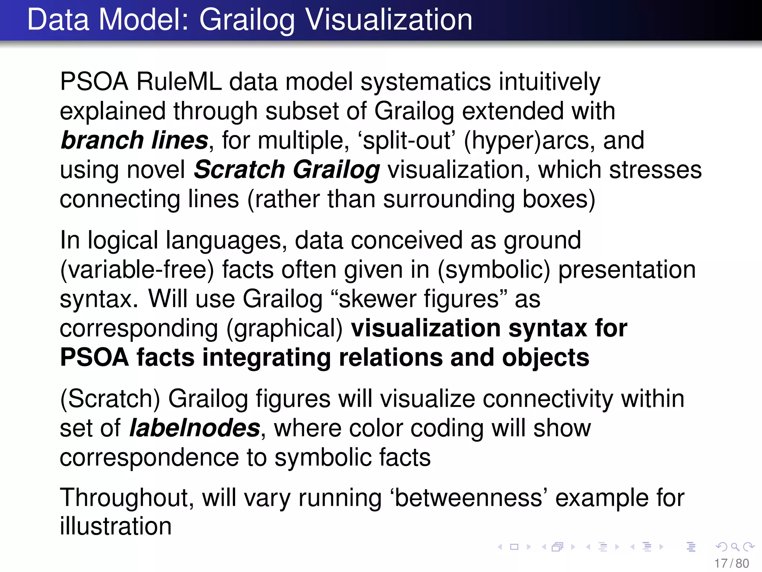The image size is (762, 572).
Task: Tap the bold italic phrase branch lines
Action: click(x=134, y=140)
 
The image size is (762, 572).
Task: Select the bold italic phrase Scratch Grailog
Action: click(x=286, y=170)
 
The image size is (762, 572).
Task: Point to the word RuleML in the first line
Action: click(x=179, y=82)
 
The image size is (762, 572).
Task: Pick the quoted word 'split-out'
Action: click(x=406, y=140)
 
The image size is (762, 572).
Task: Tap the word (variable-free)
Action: click(x=137, y=270)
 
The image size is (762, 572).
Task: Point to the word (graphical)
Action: click(x=285, y=328)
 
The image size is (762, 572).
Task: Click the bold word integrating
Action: click(x=266, y=357)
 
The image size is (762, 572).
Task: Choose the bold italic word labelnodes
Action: click(x=194, y=428)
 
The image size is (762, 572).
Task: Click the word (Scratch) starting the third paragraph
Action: click(x=110, y=399)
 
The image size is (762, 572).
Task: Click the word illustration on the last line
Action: click(x=116, y=527)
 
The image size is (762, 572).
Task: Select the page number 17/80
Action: click(x=731, y=563)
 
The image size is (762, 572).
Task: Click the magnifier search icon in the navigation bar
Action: click(x=735, y=547)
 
